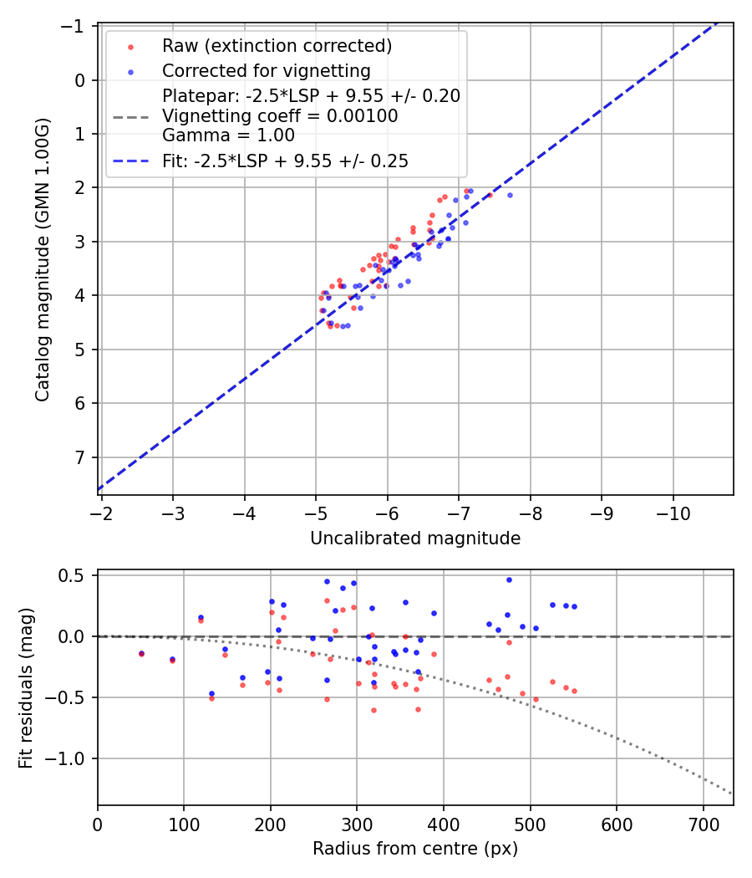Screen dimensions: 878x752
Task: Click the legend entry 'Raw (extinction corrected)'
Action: tap(277, 46)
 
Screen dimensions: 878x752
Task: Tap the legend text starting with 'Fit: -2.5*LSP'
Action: tap(285, 161)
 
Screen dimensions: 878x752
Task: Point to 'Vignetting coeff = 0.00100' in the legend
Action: tap(280, 116)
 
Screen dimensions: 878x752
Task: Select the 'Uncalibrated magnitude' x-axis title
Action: tap(415, 539)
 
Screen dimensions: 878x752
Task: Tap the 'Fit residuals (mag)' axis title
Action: tap(25, 687)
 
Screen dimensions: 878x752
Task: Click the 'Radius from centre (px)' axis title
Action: tap(415, 849)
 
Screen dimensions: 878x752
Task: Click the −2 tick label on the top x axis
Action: tap(101, 512)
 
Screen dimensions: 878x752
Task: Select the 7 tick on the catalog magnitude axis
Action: tap(82, 457)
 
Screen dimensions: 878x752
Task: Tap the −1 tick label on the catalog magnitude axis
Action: tap(78, 27)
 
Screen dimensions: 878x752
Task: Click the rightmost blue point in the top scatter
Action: tap(510, 195)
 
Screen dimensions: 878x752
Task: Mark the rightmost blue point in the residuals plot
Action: tap(574, 606)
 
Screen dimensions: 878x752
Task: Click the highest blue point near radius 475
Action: tap(509, 579)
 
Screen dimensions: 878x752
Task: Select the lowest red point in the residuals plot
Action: tap(373, 710)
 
